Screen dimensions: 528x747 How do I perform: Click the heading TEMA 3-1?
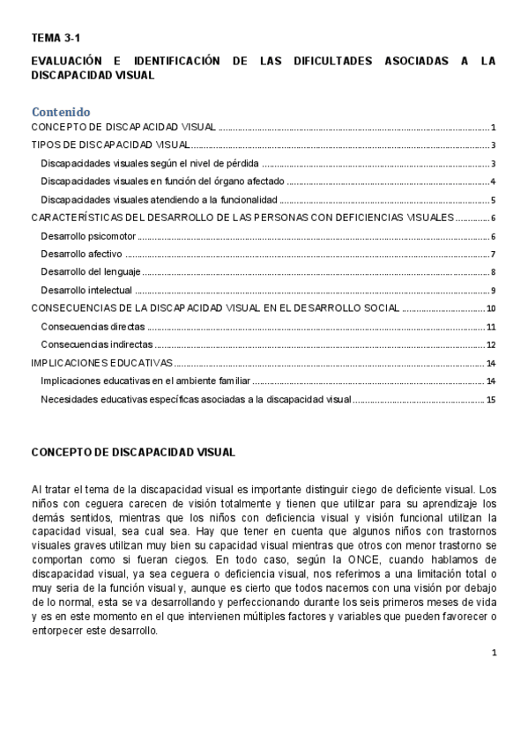click(56, 38)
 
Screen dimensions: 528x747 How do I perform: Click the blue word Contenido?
click(61, 112)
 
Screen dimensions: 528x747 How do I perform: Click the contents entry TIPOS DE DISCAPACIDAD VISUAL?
click(110, 145)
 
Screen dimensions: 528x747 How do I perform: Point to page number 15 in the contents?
click(491, 400)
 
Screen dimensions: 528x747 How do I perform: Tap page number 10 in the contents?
click(491, 308)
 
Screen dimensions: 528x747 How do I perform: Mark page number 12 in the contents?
click(491, 344)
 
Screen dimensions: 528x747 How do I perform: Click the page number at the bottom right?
click(495, 653)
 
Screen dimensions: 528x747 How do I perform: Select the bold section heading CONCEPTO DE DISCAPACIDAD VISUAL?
click(133, 452)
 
